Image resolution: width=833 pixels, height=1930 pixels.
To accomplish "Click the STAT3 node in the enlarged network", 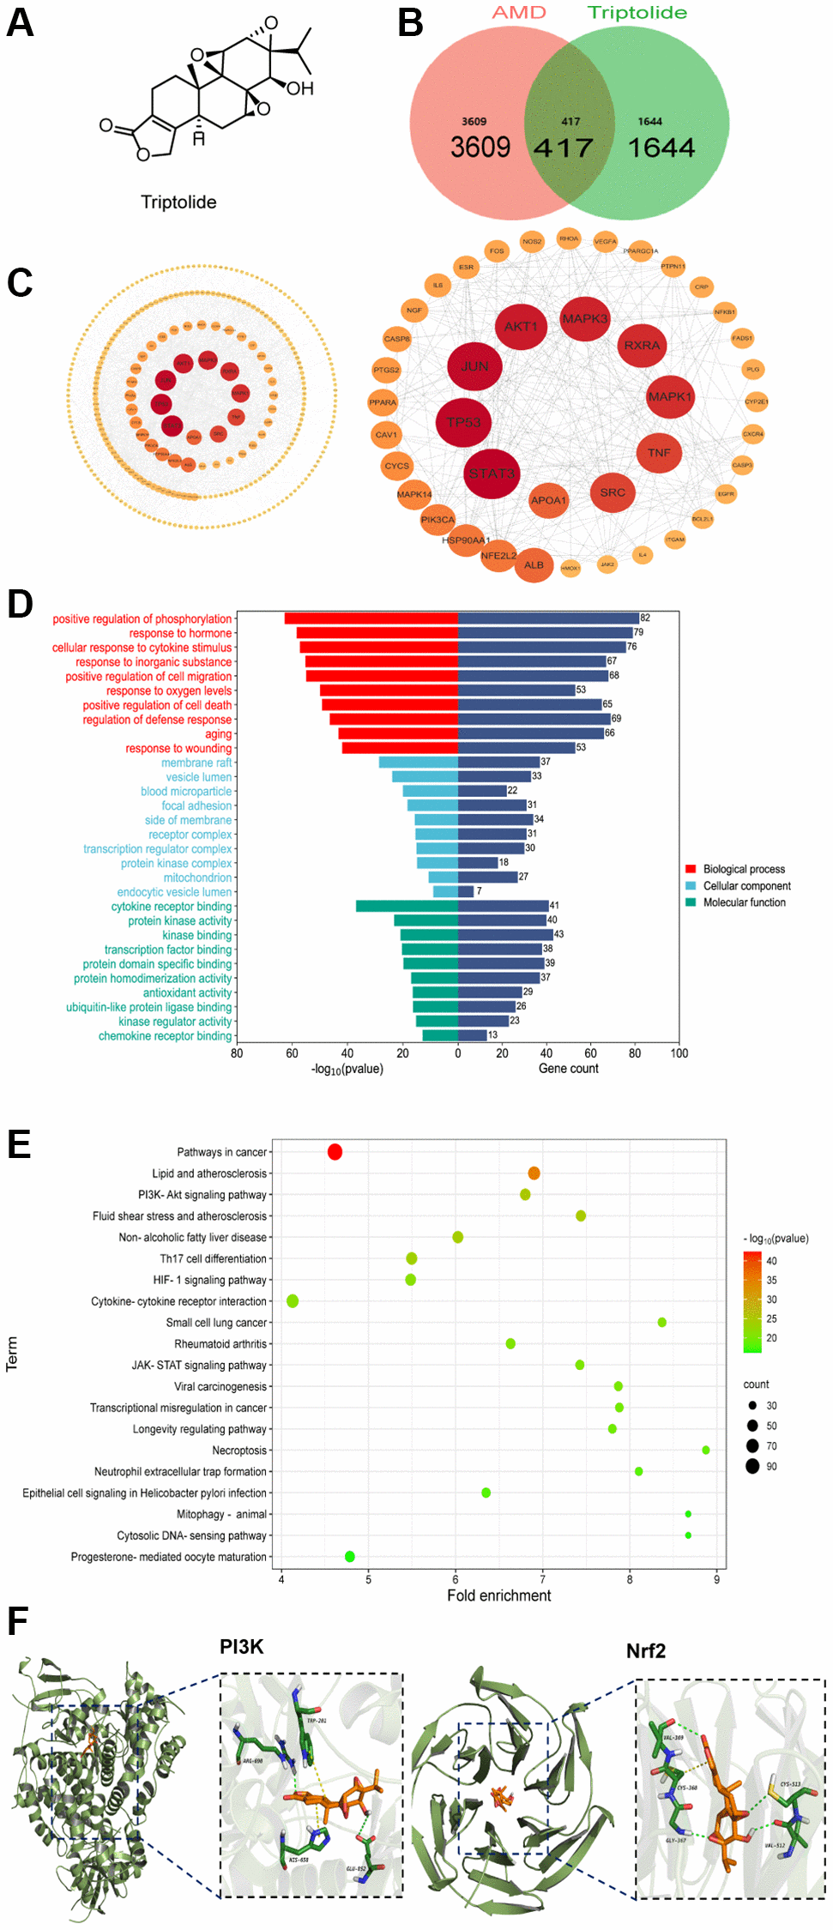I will click(492, 473).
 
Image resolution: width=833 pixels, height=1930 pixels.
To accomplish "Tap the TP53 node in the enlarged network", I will click(463, 422).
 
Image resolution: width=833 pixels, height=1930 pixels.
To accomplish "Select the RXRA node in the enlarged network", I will click(642, 346).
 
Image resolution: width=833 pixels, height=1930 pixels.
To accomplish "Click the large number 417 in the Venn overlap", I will click(564, 148).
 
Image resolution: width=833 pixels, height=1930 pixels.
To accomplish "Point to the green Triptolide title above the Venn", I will click(637, 13).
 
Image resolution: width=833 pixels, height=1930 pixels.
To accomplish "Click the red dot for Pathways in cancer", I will click(335, 1152).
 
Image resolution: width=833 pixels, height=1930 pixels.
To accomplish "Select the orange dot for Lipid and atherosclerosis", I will click(534, 1173).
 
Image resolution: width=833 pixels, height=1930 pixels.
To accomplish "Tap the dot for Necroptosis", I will click(706, 1451).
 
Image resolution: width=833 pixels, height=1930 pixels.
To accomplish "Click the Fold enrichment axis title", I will click(498, 1595).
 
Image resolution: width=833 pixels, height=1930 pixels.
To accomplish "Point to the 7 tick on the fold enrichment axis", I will click(542, 1579).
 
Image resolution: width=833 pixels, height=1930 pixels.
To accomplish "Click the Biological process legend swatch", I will click(691, 869).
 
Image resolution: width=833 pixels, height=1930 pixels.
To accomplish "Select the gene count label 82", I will click(645, 618).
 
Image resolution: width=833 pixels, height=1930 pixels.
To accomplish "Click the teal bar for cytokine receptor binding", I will click(407, 906).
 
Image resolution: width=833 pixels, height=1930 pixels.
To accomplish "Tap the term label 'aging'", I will click(218, 734).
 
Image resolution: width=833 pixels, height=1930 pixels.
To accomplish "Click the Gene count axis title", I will click(568, 1069).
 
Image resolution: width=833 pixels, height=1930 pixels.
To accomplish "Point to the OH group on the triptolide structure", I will click(300, 89).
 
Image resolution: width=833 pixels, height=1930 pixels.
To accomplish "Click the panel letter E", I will click(19, 1145).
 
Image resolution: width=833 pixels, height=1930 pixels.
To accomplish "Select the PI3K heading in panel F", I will click(241, 1647).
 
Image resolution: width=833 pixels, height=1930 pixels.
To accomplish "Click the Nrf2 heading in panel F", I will click(645, 1651).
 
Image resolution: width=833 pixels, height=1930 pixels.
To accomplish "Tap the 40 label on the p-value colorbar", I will click(771, 1261).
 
